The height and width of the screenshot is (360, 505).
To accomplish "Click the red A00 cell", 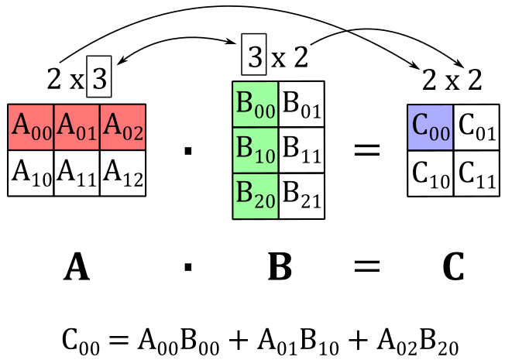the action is click(31, 127).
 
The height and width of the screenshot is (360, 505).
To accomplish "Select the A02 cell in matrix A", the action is click(122, 127).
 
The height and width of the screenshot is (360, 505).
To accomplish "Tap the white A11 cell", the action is click(77, 173).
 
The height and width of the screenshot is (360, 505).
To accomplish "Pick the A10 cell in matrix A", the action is click(31, 173).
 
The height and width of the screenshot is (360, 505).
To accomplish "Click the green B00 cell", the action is click(256, 105).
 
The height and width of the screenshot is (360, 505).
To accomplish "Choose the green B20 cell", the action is click(256, 196).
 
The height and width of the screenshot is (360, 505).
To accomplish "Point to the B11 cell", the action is click(301, 150).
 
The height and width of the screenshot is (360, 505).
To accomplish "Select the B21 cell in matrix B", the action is click(301, 196).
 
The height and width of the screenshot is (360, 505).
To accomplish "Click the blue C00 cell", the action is click(431, 127).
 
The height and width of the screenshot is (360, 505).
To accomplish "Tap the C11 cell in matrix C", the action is click(476, 173).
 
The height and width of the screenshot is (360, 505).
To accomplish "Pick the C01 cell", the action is click(476, 127).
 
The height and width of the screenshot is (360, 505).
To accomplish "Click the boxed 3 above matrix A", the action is click(99, 77).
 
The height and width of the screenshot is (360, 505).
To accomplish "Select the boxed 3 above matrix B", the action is click(254, 54).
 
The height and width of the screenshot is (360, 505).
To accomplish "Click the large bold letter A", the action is click(77, 266).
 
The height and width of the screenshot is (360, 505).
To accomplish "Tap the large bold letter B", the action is click(280, 266).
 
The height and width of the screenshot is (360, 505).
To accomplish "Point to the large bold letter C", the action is click(453, 266).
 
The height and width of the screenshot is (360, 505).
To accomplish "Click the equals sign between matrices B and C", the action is click(367, 150).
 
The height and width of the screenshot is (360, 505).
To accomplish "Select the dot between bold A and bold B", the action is click(188, 267).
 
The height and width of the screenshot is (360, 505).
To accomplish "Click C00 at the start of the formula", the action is click(81, 341).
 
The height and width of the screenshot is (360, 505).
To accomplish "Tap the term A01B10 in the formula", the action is click(298, 341).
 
